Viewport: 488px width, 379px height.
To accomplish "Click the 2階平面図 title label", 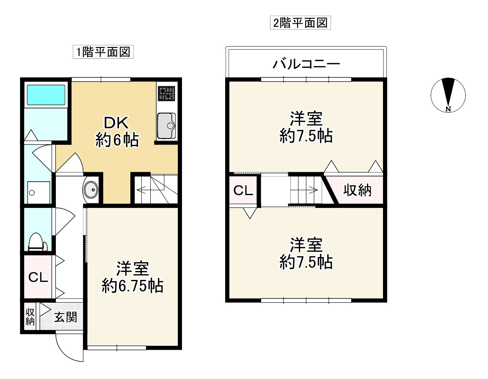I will (300, 23).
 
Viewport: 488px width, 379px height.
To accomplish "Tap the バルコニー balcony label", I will (306, 65).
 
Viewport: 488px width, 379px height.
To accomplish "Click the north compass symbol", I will (448, 95).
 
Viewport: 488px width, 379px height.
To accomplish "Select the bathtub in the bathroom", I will (47, 95).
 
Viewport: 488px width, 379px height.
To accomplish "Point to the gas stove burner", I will (166, 94).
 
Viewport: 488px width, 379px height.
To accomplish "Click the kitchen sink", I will (166, 126).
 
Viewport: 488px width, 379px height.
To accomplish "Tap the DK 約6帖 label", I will (117, 132).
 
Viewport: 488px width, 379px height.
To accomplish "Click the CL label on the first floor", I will (38, 278).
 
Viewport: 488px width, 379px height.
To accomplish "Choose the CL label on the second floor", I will (244, 191).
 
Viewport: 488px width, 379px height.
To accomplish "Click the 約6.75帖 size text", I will (132, 287).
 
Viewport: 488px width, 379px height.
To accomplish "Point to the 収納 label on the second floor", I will (357, 191).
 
